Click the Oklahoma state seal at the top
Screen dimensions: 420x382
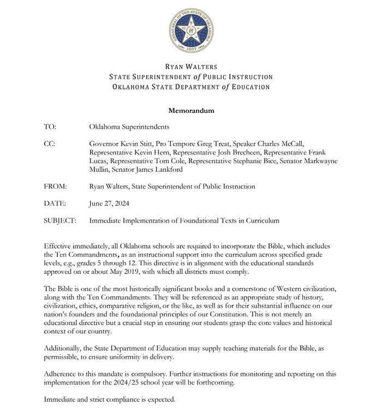point(191,31)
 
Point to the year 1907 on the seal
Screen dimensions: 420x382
point(191,50)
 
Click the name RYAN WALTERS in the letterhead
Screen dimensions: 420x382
point(191,67)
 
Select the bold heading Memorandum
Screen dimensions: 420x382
point(191,111)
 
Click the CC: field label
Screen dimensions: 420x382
point(50,143)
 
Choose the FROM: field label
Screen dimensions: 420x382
point(55,187)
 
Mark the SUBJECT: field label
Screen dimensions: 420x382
point(59,221)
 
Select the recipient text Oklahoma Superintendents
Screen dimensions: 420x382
point(129,127)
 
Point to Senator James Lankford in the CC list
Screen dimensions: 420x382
point(145,170)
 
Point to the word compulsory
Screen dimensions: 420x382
point(137,374)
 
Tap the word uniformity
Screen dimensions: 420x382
point(114,357)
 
